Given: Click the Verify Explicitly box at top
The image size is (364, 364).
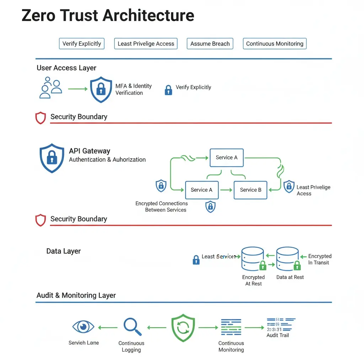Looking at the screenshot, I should (x=82, y=44).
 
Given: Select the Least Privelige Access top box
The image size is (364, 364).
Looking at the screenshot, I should (x=146, y=44).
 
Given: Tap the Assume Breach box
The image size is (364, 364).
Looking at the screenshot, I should (x=210, y=44).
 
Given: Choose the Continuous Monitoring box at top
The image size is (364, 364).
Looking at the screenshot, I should (x=275, y=44).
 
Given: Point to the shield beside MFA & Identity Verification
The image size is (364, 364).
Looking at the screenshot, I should (x=101, y=90).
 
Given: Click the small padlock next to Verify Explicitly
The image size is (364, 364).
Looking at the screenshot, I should (x=168, y=90).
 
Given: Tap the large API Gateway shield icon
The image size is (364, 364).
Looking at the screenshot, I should (x=52, y=157).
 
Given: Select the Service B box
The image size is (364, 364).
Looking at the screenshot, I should (x=251, y=190).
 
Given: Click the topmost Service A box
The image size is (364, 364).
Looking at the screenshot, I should (x=226, y=157).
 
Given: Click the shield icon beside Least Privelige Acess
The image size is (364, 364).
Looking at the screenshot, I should (x=289, y=187).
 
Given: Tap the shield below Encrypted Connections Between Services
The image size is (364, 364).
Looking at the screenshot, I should (x=210, y=206).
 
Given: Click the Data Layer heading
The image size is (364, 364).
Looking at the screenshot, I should (x=63, y=251).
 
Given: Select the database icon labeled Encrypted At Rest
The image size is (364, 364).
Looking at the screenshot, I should (x=252, y=258).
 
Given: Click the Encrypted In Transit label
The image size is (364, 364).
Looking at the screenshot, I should (x=320, y=259).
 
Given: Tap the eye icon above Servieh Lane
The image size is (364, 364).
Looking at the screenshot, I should (x=83, y=326).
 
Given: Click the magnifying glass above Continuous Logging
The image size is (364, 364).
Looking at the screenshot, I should (x=132, y=326).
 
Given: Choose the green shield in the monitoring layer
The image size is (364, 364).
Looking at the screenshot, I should (x=183, y=328).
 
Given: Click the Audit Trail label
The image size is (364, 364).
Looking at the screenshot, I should (x=278, y=335).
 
